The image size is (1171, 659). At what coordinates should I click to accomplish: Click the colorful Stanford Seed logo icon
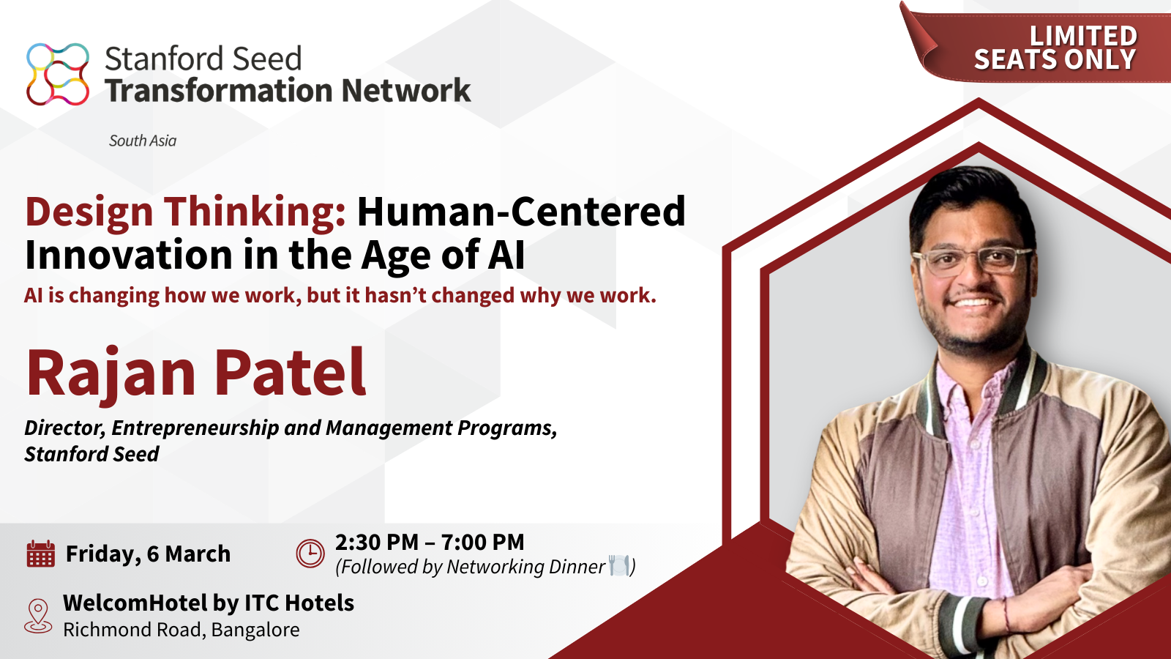(58, 74)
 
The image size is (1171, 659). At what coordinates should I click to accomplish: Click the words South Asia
(143, 141)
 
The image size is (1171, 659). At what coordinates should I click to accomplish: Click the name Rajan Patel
(196, 373)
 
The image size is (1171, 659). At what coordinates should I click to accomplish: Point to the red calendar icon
(40, 554)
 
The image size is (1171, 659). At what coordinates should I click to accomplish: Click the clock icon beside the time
(310, 553)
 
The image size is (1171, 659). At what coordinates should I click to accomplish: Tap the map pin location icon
(38, 615)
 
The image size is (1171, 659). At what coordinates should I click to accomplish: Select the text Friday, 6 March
(148, 554)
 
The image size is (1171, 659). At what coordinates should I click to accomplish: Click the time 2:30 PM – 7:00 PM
(430, 543)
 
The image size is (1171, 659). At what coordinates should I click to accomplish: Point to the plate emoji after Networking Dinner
(619, 565)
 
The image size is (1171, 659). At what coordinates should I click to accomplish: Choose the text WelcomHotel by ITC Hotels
(209, 603)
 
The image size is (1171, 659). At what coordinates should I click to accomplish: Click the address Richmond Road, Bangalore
(182, 630)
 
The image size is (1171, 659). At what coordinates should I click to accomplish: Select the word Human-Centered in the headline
(521, 212)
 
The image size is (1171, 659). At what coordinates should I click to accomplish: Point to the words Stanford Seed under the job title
(92, 454)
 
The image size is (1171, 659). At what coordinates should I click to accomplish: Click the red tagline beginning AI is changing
(340, 295)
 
